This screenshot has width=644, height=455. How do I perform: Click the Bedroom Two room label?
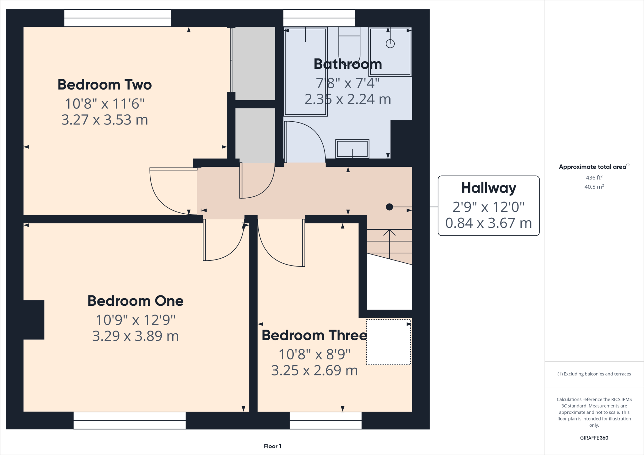click(105, 85)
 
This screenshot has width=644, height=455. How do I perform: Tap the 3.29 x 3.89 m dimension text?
click(136, 336)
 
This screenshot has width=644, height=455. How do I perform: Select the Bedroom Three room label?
click(314, 335)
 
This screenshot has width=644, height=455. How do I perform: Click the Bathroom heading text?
click(348, 64)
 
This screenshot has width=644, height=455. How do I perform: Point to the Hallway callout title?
click(488, 188)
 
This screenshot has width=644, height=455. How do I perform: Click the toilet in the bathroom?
click(349, 46)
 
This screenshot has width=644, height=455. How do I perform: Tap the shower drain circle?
click(390, 44)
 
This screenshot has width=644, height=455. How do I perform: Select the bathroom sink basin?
click(352, 149)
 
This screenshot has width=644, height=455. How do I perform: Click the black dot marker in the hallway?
click(389, 207)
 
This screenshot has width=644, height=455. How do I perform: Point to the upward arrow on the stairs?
click(389, 234)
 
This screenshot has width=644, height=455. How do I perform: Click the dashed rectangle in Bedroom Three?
click(389, 342)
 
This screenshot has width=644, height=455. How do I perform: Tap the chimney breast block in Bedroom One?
click(34, 320)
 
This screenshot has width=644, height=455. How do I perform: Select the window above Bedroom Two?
click(117, 18)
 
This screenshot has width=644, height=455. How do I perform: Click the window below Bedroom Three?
click(325, 420)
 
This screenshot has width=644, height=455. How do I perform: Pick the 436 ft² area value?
click(594, 178)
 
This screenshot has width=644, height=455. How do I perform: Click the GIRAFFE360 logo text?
click(594, 438)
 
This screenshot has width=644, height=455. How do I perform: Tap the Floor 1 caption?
click(272, 446)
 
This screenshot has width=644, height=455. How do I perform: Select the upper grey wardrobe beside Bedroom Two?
click(253, 63)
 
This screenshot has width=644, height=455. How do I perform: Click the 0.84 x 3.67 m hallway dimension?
click(488, 223)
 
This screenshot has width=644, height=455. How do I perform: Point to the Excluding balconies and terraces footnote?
click(594, 374)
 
